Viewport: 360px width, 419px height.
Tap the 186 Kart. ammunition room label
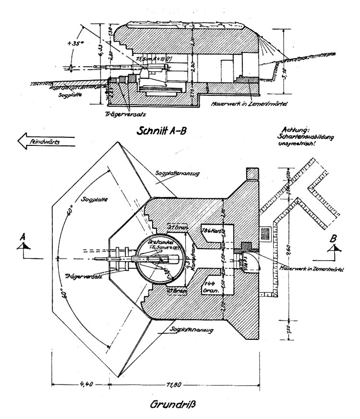(212, 229)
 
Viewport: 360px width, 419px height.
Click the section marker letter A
(23, 237)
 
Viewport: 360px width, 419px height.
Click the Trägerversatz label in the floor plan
(79, 277)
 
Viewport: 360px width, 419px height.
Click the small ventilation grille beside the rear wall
(266, 234)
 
